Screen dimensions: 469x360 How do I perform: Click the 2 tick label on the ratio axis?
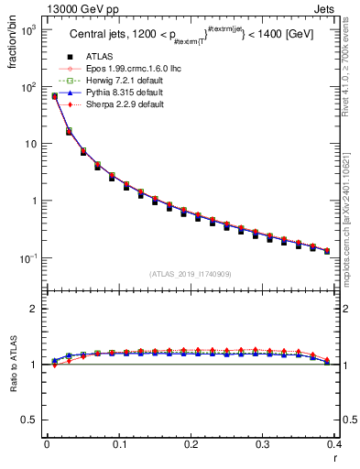pyautogui.click(x=35, y=309)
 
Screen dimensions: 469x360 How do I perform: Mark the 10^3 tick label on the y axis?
pyautogui.click(x=28, y=31)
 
